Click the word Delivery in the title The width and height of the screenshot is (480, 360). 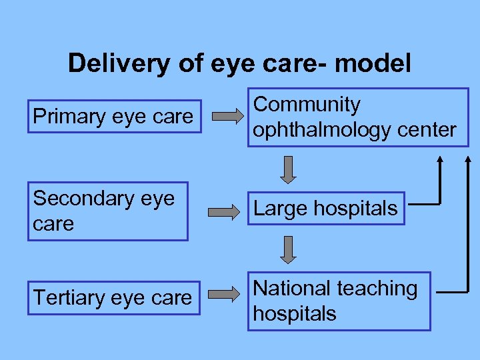click(x=111, y=64)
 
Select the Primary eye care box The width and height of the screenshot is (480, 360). click(x=113, y=117)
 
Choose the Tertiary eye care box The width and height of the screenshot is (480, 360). click(x=113, y=298)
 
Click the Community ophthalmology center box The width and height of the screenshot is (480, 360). click(x=358, y=117)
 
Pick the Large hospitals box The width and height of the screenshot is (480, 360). click(x=326, y=209)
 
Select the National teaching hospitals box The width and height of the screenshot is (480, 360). click(x=339, y=301)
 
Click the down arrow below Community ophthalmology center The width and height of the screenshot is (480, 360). click(x=287, y=170)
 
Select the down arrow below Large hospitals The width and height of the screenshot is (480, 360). click(x=287, y=249)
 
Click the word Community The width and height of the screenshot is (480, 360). click(x=307, y=105)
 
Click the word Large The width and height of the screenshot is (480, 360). click(x=281, y=209)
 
